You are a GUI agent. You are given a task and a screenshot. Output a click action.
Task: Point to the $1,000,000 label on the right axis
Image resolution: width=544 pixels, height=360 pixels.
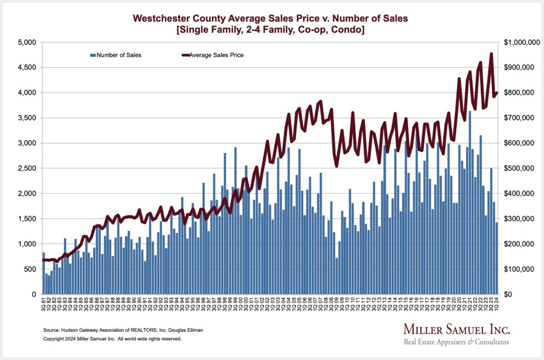[521, 42]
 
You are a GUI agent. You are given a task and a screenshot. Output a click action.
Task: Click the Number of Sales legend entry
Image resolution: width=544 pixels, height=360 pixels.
[116, 55]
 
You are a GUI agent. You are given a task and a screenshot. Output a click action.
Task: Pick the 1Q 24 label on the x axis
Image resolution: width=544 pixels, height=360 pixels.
[497, 305]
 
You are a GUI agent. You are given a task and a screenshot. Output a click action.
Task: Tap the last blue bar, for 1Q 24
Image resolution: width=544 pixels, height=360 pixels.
[497, 258]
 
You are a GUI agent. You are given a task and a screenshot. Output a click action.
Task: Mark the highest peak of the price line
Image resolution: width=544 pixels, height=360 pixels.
[491, 54]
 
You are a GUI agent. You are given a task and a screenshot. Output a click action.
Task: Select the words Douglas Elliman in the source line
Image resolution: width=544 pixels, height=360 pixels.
[186, 330]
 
